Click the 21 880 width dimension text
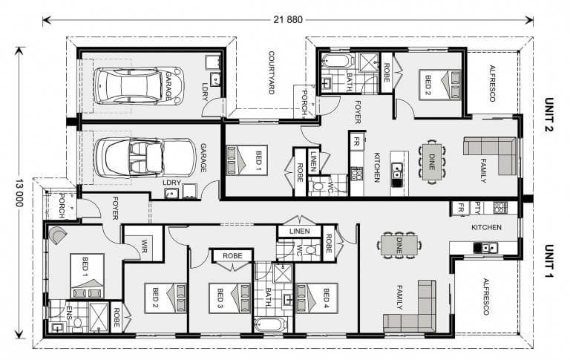point(288,19)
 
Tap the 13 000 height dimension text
point(19,193)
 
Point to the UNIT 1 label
point(549,261)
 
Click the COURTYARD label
point(271,72)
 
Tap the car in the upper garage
point(139,86)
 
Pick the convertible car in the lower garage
point(145,158)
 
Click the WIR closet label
point(144,246)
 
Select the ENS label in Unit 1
point(69,312)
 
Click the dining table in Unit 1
point(399,246)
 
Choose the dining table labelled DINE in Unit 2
point(432,162)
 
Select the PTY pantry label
point(476,208)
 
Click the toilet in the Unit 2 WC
point(318,186)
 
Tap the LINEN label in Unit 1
point(300,232)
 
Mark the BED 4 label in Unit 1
point(326,298)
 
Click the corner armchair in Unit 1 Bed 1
point(57,235)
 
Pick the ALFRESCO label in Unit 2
point(492,83)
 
